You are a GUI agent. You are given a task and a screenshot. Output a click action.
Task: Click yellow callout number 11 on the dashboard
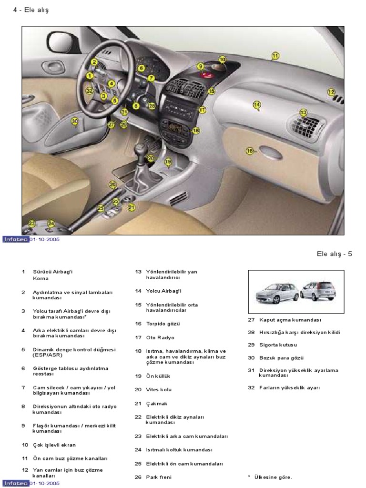[x=274, y=56]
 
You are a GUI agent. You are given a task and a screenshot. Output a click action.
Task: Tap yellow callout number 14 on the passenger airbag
[x=256, y=105]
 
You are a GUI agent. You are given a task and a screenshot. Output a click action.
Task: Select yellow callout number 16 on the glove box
[x=249, y=151]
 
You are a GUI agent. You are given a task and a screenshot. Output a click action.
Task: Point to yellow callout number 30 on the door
[x=74, y=121]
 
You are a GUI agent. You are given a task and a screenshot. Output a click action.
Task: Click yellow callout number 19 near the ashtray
[x=168, y=162]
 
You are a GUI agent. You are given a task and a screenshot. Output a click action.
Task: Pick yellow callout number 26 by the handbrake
[x=112, y=184]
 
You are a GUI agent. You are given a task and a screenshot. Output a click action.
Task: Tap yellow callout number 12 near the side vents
[x=331, y=92]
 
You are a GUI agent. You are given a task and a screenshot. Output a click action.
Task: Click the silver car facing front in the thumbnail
[x=277, y=292]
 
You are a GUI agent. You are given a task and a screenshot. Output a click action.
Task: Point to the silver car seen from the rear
[x=318, y=290]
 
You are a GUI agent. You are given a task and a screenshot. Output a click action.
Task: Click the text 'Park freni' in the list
[x=159, y=477]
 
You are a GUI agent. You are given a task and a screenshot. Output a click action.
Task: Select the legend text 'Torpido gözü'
[x=163, y=324]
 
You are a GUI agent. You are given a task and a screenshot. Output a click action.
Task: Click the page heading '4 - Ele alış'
[x=31, y=10]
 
